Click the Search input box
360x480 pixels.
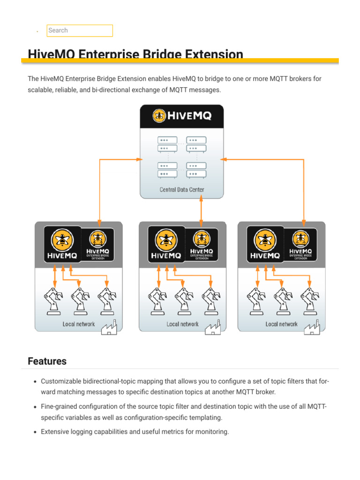point(80,30)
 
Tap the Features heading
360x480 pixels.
point(47,361)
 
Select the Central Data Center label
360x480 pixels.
point(181,190)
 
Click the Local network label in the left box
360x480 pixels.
point(79,324)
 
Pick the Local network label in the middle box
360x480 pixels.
point(182,324)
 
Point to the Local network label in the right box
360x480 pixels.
point(281,324)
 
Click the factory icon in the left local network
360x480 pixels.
point(111,327)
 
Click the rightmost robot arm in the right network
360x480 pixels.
point(309,300)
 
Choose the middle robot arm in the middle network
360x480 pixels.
point(182,300)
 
